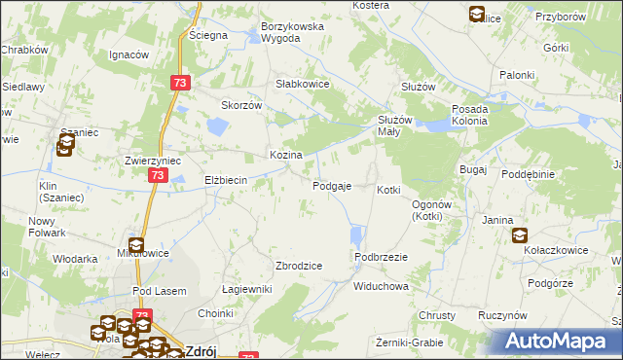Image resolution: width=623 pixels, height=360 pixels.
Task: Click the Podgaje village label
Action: pyautogui.click(x=331, y=186)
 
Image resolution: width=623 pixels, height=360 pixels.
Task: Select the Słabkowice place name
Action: pyautogui.click(x=304, y=85)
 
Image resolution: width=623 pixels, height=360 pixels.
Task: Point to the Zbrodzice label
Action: pyautogui.click(x=299, y=266)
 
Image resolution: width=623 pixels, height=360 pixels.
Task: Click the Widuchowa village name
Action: pyautogui.click(x=381, y=287)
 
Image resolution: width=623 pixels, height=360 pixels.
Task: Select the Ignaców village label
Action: pyautogui.click(x=128, y=54)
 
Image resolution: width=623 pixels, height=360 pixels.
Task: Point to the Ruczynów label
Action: pyautogui.click(x=502, y=316)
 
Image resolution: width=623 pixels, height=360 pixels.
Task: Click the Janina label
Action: pyautogui.click(x=497, y=220)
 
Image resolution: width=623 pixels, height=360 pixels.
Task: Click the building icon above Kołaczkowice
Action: pyautogui.click(x=520, y=235)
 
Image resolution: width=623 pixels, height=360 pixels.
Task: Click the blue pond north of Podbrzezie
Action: pyautogui.click(x=356, y=235)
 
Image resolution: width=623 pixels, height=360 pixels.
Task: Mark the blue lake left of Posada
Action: pyautogui.click(x=438, y=124)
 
